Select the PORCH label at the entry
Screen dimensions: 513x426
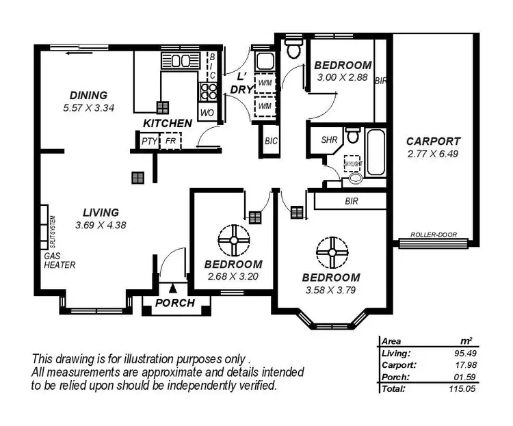click(175, 303)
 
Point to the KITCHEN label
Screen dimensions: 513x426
click(168, 123)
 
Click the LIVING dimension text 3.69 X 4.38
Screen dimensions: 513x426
click(101, 224)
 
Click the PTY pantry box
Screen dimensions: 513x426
click(148, 142)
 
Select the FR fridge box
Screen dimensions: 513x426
click(170, 142)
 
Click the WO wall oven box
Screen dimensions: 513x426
click(207, 111)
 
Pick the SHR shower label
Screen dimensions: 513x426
click(330, 139)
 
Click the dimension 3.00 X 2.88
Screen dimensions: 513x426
click(343, 78)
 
